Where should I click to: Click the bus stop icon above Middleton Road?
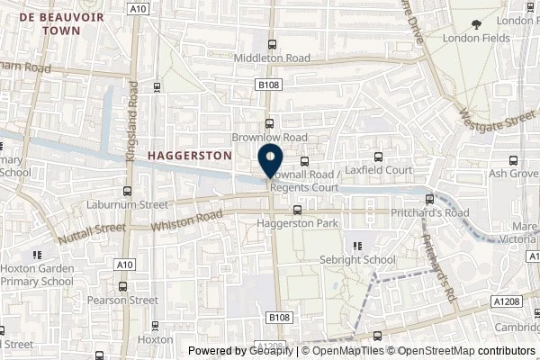coord(271,42)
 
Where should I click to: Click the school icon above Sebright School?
coord(357,244)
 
